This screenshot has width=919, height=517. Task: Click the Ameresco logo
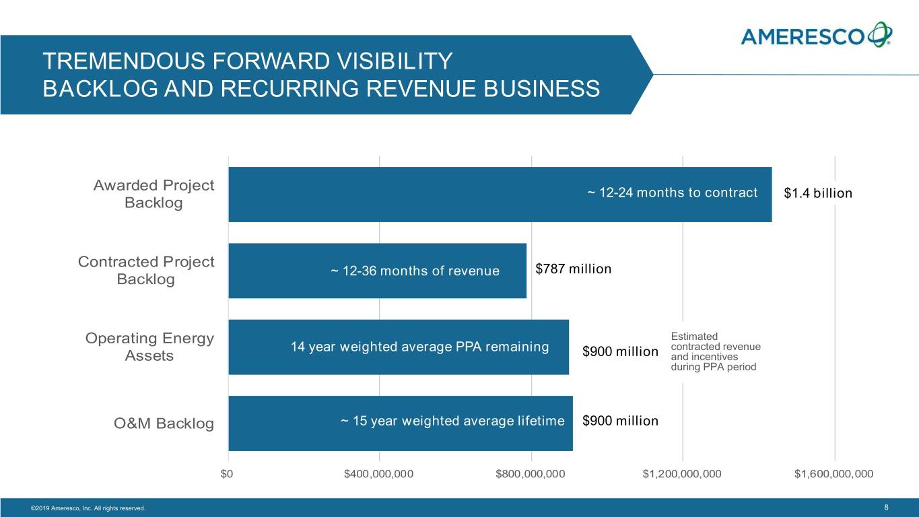pyautogui.click(x=817, y=36)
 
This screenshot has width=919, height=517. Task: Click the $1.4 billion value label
pyautogui.click(x=818, y=194)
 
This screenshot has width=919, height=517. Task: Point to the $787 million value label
pyautogui.click(x=573, y=269)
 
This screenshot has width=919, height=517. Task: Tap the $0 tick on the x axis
pyautogui.click(x=228, y=474)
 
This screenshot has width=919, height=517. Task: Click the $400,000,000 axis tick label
pyautogui.click(x=379, y=474)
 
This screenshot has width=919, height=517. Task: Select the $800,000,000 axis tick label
pyautogui.click(x=531, y=474)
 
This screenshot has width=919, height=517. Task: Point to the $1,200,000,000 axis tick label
pyautogui.click(x=682, y=474)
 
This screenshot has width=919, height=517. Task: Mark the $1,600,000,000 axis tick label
pyautogui.click(x=833, y=474)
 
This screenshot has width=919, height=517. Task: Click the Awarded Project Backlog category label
pyautogui.click(x=154, y=194)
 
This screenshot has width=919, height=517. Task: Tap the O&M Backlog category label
pyautogui.click(x=164, y=424)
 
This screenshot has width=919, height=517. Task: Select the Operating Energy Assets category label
pyautogui.click(x=149, y=347)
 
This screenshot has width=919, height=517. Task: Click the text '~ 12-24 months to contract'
pyautogui.click(x=672, y=193)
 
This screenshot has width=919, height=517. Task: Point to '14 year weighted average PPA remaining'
pyautogui.click(x=419, y=347)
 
